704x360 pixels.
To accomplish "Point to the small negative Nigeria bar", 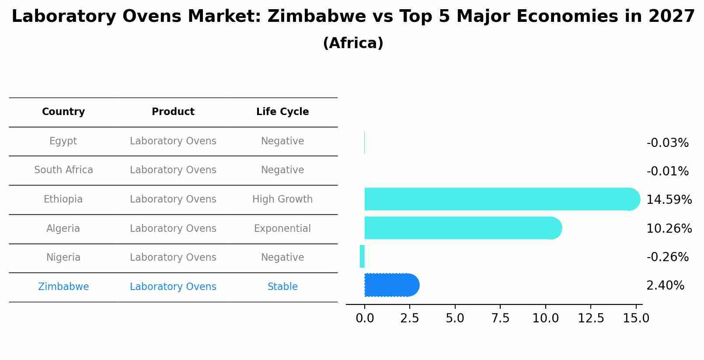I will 362,256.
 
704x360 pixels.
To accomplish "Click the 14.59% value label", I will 669,200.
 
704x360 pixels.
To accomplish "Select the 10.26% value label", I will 669,229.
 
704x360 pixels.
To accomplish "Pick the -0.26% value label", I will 667,257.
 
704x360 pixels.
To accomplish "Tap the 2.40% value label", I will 665,286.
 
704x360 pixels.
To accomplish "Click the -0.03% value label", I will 667,143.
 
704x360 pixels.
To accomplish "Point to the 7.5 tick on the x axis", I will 500,318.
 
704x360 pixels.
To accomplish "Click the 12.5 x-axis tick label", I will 591,318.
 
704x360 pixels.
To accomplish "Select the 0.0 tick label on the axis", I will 365,318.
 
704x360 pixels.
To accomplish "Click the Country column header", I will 63,112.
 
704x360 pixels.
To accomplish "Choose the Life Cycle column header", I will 282,112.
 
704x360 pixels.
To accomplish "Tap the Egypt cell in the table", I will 63,141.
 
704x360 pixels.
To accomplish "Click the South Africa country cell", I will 63,170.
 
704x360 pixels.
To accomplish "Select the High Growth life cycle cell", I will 282,199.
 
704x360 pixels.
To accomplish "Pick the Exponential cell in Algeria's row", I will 282,229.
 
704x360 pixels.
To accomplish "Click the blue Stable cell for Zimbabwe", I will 282,287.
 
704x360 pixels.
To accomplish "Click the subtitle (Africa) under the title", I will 353,43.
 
